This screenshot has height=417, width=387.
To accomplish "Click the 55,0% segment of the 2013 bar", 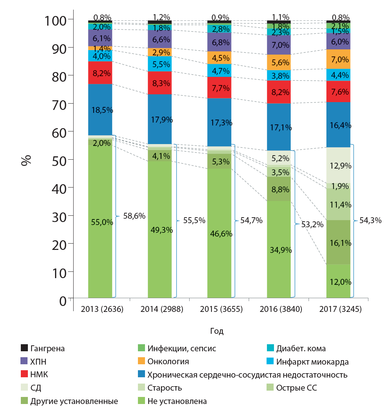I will (100, 222).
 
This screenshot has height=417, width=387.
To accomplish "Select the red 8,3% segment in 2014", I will (160, 82).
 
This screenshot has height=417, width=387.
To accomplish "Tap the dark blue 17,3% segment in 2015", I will (219, 122).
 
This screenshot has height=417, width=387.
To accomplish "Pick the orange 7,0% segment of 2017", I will (338, 59).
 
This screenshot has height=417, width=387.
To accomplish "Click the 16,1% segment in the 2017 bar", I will (338, 242).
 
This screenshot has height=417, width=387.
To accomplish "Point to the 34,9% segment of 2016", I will (279, 249).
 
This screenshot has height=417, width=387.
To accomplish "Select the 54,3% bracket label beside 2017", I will (370, 220).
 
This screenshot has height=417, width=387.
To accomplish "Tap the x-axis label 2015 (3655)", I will (219, 309).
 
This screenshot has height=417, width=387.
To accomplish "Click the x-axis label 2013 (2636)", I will (100, 309).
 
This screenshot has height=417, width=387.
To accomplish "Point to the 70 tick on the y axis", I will (59, 104).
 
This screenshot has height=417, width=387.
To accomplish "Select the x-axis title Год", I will (217, 331).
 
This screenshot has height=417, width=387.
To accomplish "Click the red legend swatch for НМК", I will (24, 375).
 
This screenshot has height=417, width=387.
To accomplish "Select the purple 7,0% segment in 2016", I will (279, 45).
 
